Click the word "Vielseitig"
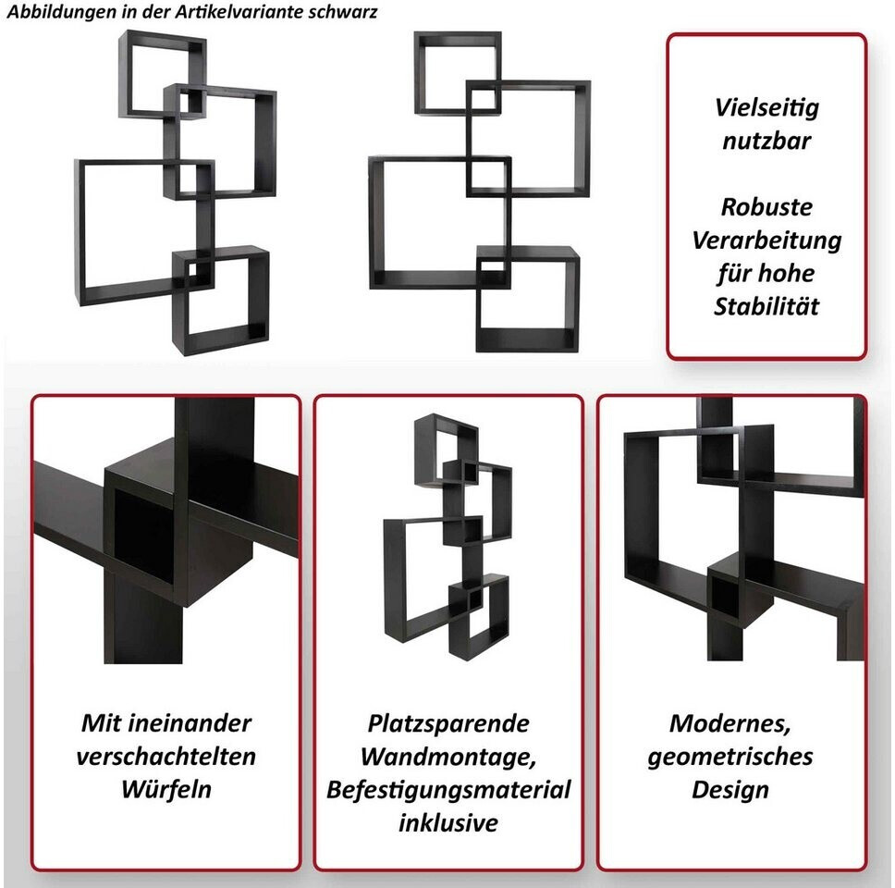click(x=766, y=108)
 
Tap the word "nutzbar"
click(x=766, y=141)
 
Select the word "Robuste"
click(x=766, y=206)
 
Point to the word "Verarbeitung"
click(x=766, y=241)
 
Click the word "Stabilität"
click(x=766, y=306)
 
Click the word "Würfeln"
click(x=166, y=789)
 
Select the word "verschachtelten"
click(x=166, y=756)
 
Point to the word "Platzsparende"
click(x=448, y=723)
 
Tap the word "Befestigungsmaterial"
click(x=448, y=790)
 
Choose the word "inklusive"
click(x=448, y=823)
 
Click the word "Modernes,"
click(x=730, y=724)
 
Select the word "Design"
click(x=730, y=790)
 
